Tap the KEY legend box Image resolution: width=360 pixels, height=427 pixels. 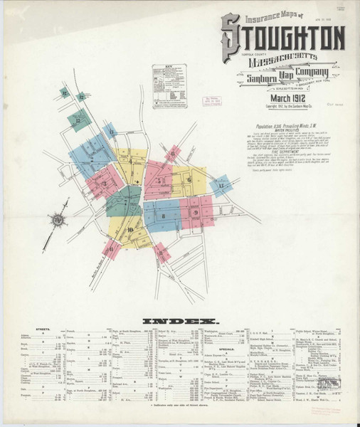pos(169,85)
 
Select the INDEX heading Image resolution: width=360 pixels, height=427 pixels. pos(179,321)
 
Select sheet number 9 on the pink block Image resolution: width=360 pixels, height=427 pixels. pos(195,212)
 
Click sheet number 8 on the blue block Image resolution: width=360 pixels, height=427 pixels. pos(163,215)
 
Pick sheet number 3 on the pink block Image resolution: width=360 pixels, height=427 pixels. pos(104,184)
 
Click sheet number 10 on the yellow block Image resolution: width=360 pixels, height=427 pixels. pos(130,229)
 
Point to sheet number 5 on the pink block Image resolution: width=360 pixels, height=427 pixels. pos(160,180)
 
